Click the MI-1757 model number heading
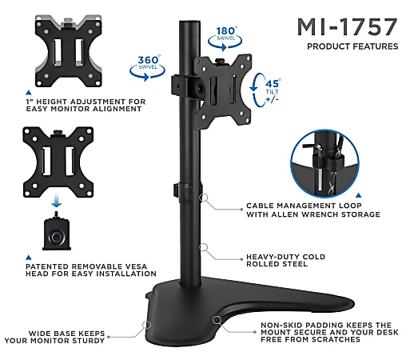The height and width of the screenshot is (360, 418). [347, 26]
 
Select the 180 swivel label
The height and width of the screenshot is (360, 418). [225, 38]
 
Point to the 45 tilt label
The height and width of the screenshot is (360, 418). [266, 90]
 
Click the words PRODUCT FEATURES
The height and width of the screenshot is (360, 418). [352, 46]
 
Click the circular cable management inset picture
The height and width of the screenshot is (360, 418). [324, 163]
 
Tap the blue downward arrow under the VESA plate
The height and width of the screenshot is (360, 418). [57, 202]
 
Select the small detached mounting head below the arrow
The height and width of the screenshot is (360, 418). [57, 231]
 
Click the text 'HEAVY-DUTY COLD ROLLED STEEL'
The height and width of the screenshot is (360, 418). [285, 261]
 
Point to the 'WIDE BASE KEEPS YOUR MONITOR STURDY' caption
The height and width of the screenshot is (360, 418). [54, 337]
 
